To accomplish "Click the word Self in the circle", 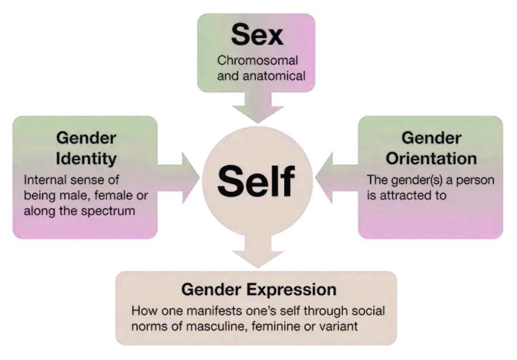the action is [256, 181].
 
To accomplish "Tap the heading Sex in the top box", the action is [257, 34].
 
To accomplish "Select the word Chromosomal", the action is [258, 60].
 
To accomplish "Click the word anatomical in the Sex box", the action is [274, 76].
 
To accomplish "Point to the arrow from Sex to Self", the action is [258, 107].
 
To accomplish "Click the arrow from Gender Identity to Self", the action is [178, 178].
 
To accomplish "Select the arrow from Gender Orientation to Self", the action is [337, 178].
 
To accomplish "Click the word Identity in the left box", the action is [86, 159].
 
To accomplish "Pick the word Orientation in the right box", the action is [431, 158].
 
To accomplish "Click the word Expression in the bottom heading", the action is [292, 290].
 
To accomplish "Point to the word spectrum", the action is [108, 211].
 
